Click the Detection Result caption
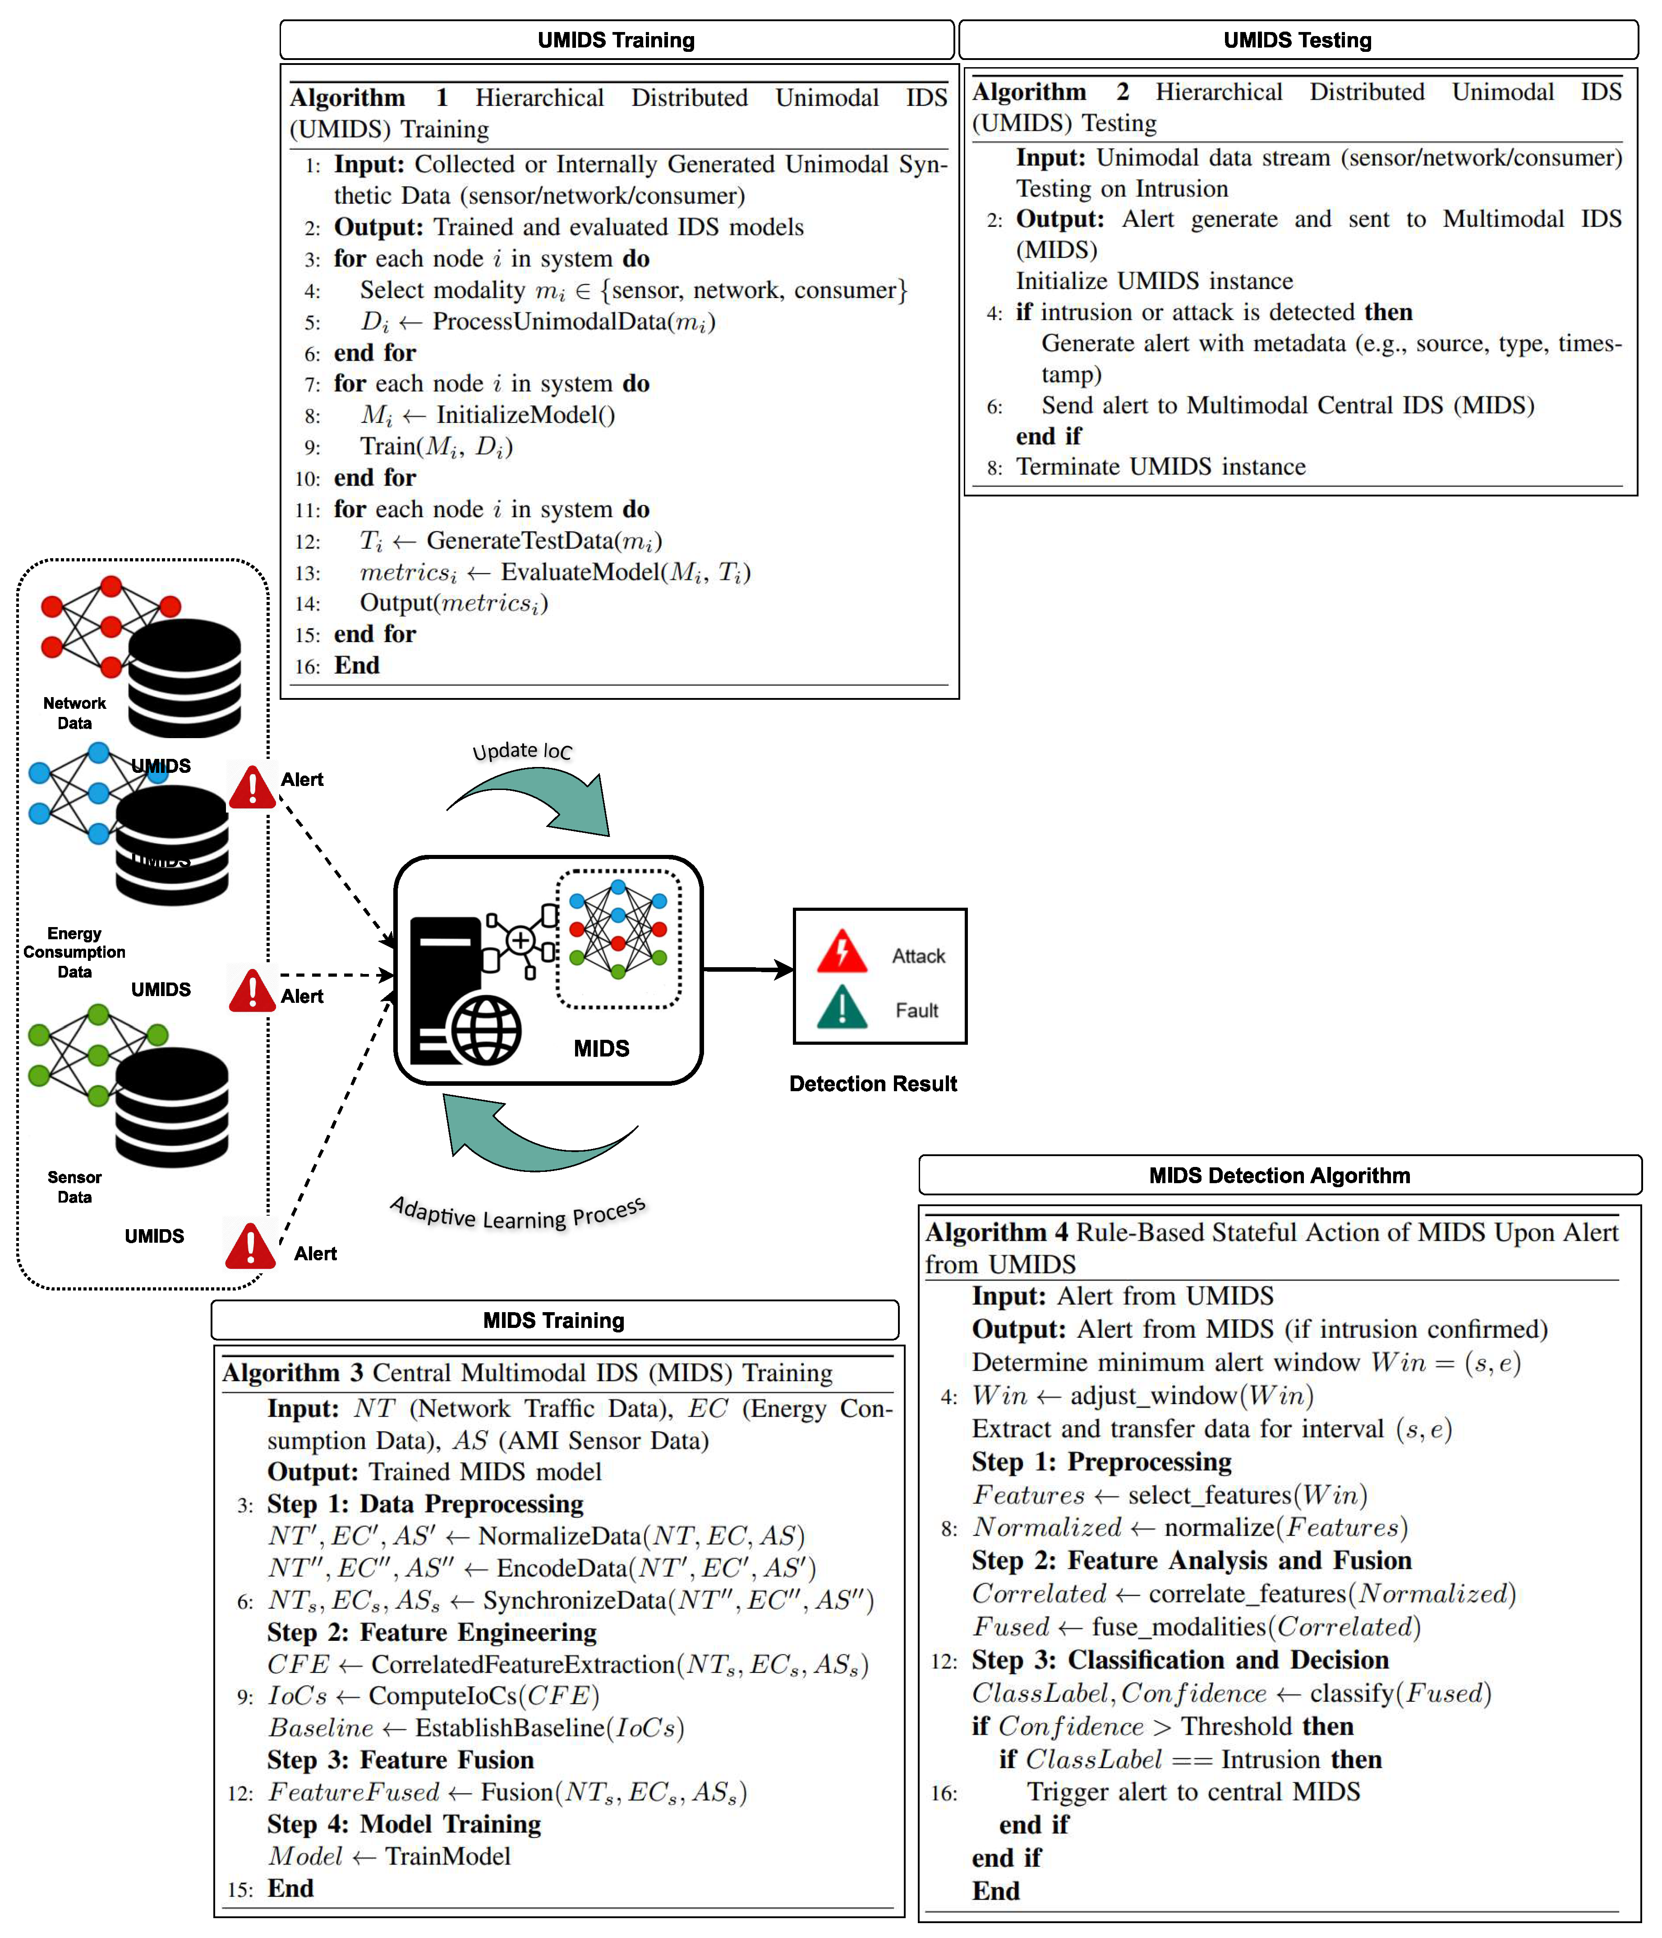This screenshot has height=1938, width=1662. [872, 1083]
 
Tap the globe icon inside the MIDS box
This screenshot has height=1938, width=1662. [486, 1030]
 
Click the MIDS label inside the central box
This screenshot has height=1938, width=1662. [601, 1047]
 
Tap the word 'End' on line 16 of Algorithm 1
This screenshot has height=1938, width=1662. [357, 665]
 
